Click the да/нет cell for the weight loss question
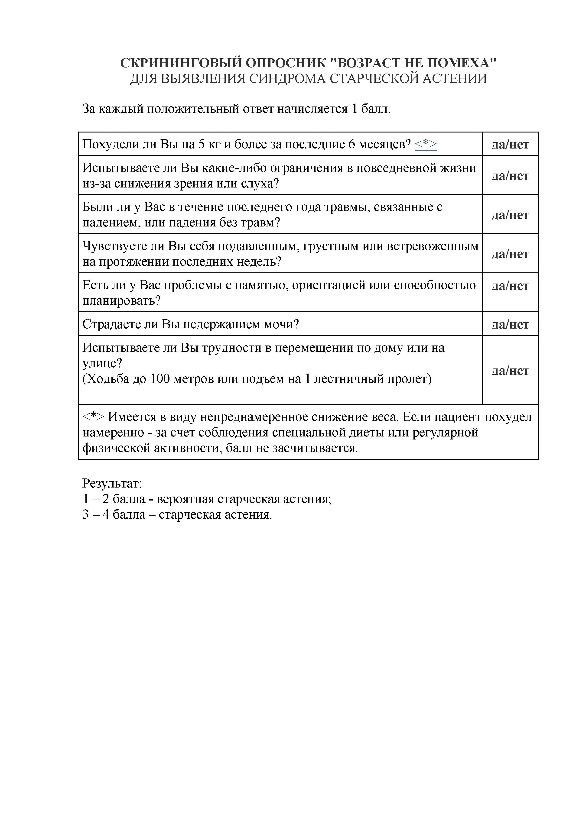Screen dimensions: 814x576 510,144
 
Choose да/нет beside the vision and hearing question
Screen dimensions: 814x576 510,175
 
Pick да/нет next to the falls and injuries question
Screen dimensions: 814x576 510,214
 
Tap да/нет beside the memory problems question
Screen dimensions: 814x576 510,285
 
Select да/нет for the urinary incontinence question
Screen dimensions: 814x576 510,324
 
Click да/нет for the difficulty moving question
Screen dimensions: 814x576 510,371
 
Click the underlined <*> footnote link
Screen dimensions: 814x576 426,144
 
